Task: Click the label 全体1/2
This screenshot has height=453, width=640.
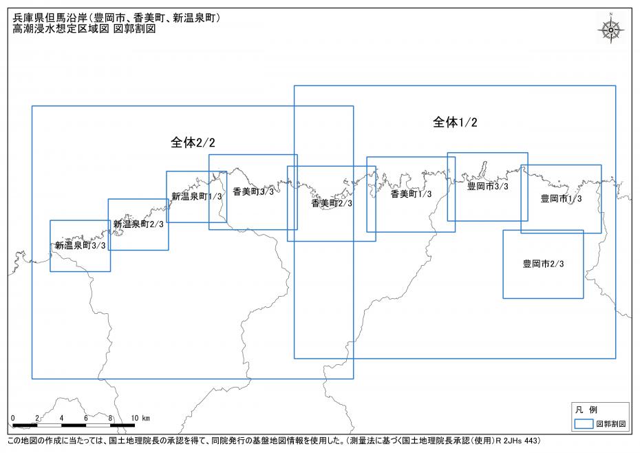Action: pos(455,123)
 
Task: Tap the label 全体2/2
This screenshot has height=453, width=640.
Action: pos(193,143)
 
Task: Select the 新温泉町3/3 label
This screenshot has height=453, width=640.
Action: pos(81,246)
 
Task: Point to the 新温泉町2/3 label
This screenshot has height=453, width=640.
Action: pos(138,224)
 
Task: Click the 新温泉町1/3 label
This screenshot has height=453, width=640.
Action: pos(197,196)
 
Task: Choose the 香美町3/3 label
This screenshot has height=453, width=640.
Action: pos(253,192)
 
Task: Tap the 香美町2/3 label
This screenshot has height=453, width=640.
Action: pos(332,204)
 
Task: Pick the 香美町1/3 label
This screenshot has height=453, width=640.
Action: pos(411,194)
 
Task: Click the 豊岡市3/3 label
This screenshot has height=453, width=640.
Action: pos(487,187)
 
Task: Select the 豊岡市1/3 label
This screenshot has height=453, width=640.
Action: pos(561,198)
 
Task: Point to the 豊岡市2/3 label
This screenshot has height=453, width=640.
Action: pos(543,264)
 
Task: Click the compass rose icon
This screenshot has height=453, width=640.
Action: pos(610,29)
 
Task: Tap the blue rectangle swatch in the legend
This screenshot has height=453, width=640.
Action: pos(584,424)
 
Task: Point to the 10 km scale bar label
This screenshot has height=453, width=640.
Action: pos(140,419)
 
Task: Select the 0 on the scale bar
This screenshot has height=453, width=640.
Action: pos(13,419)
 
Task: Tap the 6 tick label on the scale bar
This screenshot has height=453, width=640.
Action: pos(86,419)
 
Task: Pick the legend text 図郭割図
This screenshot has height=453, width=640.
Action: pos(610,425)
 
